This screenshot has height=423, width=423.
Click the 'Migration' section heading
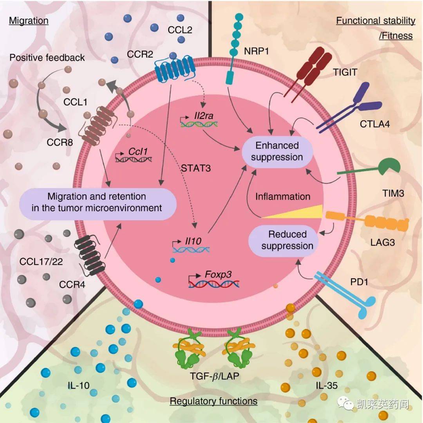click(x=29, y=20)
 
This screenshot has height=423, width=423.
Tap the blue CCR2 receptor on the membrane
click(x=175, y=68)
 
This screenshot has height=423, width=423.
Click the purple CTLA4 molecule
click(x=348, y=108)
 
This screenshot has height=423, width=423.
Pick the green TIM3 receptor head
click(x=390, y=166)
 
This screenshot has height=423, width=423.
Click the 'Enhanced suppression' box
click(x=277, y=151)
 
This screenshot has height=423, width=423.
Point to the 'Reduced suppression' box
click(x=283, y=240)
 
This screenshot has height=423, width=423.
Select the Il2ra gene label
click(x=204, y=116)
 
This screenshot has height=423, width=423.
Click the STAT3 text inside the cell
click(x=196, y=168)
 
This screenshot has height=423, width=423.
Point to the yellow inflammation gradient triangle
click(x=293, y=211)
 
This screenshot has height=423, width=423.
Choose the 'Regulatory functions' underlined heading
click(x=214, y=401)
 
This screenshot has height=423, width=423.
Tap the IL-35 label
click(x=327, y=385)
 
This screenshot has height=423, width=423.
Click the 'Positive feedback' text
click(x=47, y=58)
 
